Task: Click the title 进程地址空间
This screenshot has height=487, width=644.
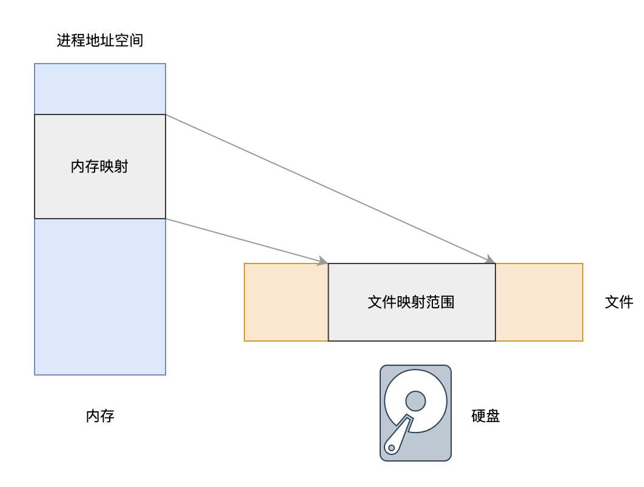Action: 100,41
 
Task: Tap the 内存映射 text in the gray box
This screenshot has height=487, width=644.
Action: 99,167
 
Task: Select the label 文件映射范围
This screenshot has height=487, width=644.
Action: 411,302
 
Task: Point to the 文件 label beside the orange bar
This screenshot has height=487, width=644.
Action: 619,302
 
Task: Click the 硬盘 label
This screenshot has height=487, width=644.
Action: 485,416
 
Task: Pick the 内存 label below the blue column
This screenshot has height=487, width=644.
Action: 100,416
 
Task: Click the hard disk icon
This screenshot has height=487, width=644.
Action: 415,412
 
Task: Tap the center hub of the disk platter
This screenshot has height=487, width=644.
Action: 415,400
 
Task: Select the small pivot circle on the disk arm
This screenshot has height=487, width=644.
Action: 392,448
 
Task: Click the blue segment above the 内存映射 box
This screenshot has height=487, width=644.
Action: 99,89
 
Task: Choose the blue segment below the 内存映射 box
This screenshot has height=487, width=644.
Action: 99,296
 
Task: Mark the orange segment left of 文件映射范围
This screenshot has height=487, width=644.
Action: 286,302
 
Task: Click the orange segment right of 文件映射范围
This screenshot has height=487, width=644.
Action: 539,302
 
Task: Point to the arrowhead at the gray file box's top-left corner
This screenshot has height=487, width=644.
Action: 323,262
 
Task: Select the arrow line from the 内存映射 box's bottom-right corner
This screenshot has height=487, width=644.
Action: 243,240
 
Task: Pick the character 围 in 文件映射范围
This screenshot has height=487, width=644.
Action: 448,302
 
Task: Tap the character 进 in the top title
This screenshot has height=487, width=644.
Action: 64,41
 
